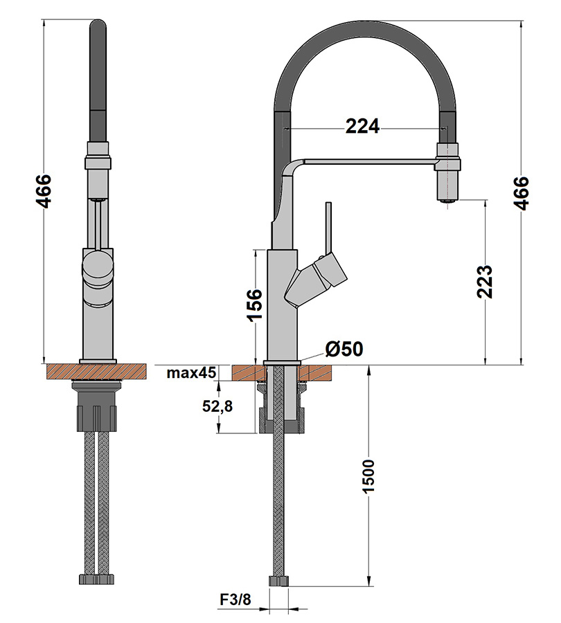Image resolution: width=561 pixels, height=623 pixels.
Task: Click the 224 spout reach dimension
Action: [x=362, y=127]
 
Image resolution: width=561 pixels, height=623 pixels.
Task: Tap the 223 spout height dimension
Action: [x=485, y=281]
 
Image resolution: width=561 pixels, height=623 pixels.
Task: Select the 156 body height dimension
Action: [x=254, y=305]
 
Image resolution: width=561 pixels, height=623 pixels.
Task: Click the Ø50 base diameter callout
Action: [x=344, y=349]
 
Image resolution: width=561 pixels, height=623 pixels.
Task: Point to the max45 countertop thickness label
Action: [x=191, y=372]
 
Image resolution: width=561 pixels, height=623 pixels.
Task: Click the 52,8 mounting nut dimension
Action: [x=217, y=406]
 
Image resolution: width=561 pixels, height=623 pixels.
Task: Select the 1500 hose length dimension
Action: [x=368, y=476]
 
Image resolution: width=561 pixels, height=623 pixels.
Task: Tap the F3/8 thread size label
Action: [x=235, y=599]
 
